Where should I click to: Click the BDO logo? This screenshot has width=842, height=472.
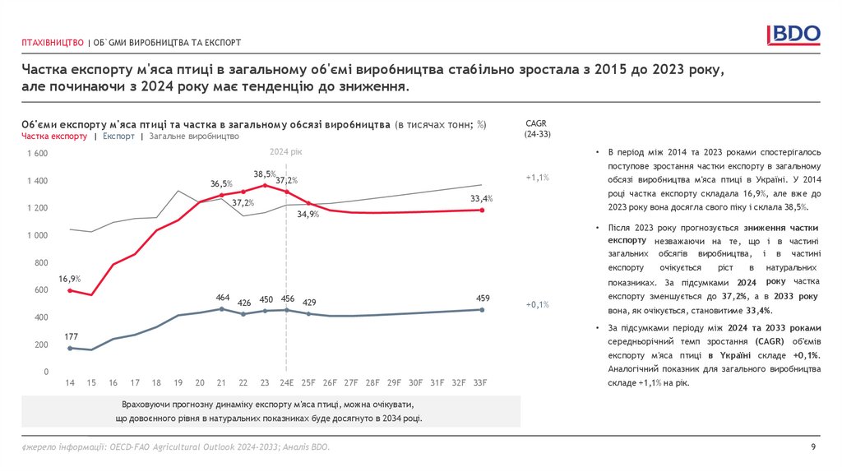click(793, 34)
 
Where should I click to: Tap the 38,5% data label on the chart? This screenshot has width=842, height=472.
click(264, 174)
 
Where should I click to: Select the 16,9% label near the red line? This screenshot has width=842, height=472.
click(69, 279)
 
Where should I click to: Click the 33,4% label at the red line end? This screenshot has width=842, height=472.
click(481, 198)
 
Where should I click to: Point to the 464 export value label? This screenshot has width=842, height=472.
click(222, 297)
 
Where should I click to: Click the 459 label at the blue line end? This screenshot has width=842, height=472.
click(483, 298)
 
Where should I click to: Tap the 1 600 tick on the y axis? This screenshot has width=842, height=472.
click(38, 154)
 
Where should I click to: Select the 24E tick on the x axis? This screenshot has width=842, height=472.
click(286, 382)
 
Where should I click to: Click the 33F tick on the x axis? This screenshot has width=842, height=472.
click(482, 382)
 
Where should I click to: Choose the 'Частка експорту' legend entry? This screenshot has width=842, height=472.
click(54, 137)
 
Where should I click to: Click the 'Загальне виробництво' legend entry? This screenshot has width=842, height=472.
click(194, 137)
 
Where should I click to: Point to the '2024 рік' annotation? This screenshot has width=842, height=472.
click(286, 152)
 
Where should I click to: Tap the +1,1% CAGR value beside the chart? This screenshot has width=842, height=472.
click(537, 177)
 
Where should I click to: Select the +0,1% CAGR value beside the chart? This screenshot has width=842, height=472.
click(537, 304)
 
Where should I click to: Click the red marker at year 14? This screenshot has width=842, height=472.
click(70, 290)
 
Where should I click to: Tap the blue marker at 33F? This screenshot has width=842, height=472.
click(483, 310)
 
